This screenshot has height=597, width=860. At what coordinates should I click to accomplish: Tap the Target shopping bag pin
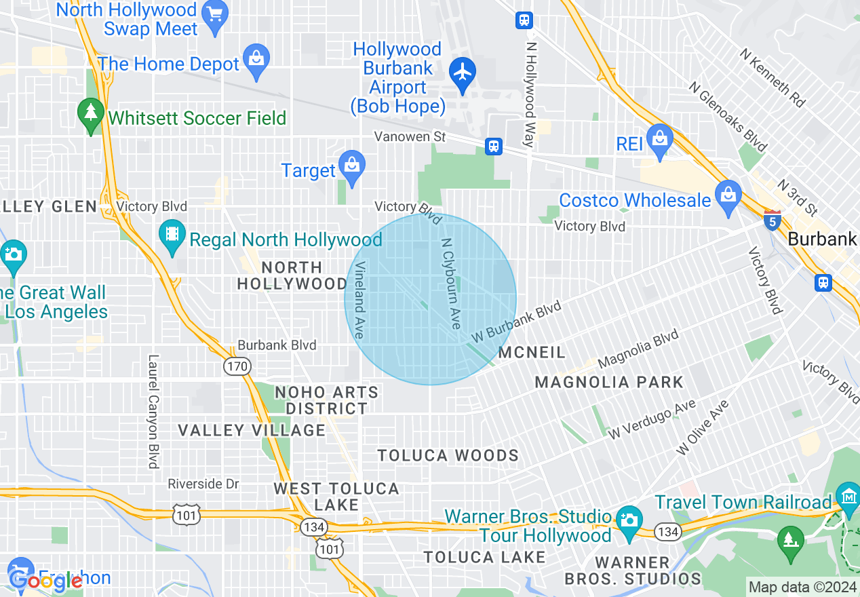coord(352,166)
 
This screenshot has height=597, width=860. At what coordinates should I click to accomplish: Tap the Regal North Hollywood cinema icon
coord(172,235)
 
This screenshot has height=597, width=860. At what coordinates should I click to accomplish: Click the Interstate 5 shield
coord(772,220)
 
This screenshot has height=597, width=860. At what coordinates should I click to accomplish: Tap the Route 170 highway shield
coord(237,367)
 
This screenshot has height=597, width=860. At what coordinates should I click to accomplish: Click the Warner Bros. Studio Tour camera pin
coord(629,520)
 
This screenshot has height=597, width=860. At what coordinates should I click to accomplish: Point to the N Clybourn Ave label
coord(451,284)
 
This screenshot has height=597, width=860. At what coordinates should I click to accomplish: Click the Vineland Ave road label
coord(359,300)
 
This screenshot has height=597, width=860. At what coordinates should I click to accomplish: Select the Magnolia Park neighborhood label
coord(609,382)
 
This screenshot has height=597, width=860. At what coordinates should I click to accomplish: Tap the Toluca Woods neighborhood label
coord(448,455)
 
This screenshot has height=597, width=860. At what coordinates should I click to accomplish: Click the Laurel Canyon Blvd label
coord(153,412)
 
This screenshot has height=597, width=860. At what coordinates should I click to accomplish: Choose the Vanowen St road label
coord(410,137)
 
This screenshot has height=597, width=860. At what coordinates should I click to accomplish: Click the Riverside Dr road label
coord(203,484)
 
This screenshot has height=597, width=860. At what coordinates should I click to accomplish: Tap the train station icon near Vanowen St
coord(494,146)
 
